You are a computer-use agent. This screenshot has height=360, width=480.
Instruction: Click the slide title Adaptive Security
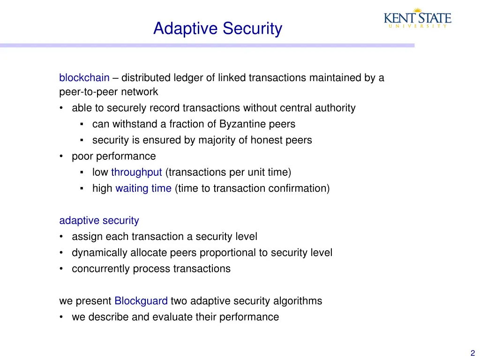tap(217, 29)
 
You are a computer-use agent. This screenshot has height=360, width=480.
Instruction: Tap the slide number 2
tap(472, 354)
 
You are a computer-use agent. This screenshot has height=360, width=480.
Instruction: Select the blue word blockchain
tap(84, 78)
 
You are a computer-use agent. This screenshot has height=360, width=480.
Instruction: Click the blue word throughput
tap(136, 172)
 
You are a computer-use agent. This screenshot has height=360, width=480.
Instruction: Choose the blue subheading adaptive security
tap(99, 220)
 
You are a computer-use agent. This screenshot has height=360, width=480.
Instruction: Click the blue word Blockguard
tap(141, 301)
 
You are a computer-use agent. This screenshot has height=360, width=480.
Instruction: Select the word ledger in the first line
tap(187, 78)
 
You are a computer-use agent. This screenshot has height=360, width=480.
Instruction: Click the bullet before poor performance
tap(62, 157)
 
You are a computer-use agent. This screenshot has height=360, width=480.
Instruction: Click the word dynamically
tap(99, 253)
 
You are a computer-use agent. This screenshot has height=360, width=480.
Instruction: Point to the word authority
tap(335, 108)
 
